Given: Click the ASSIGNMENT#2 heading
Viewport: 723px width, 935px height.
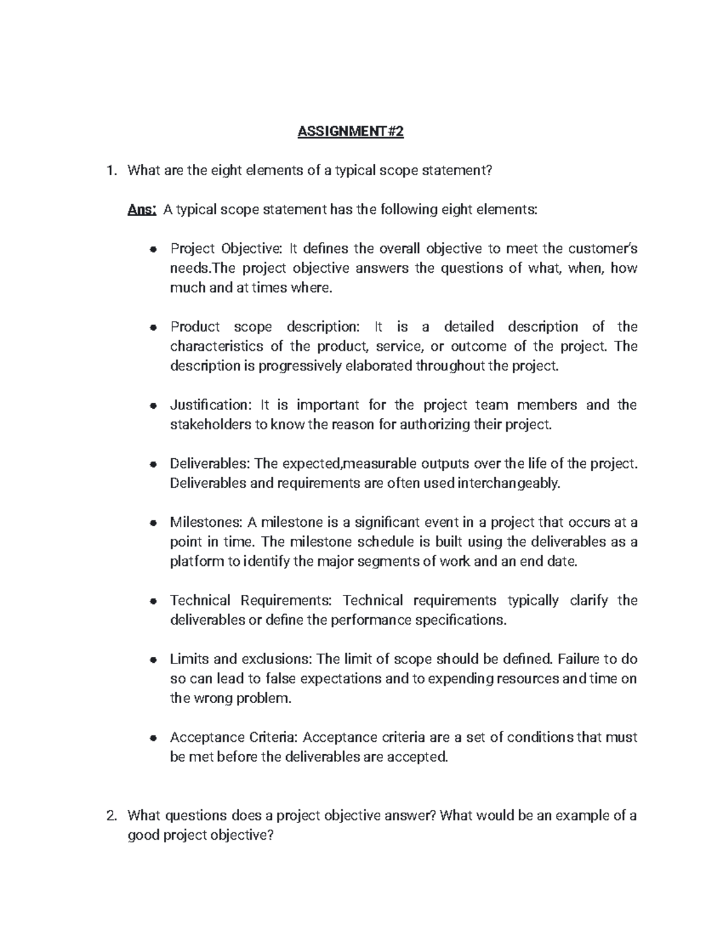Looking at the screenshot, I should coord(350,132).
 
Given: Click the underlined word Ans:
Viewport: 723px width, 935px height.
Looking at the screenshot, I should coord(142,210).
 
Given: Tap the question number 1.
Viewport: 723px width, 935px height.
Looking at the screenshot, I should coord(110,171).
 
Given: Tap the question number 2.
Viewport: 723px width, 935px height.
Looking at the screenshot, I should coord(110,816).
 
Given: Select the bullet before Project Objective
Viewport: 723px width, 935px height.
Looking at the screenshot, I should coord(154,249).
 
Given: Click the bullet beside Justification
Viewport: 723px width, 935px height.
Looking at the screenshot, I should coord(154,406).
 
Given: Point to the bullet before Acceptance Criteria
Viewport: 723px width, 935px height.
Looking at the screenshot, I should coord(154,738).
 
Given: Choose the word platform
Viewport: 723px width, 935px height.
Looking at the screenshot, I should coord(196,562).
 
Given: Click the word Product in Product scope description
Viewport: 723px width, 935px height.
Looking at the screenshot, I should coord(195,327).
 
